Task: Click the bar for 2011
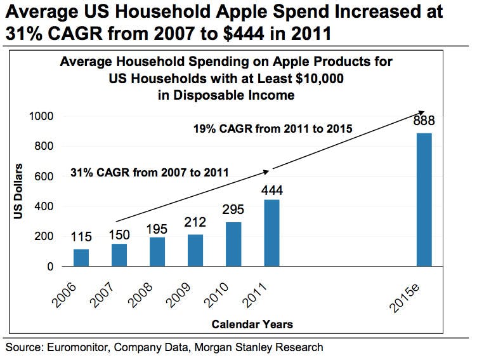pos(271,233)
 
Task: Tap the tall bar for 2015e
pos(424,199)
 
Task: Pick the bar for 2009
pos(195,250)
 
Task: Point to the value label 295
pos(233,210)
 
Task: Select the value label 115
pos(81,237)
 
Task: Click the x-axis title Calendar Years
pos(252,324)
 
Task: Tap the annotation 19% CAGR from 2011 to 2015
pos(272,130)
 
